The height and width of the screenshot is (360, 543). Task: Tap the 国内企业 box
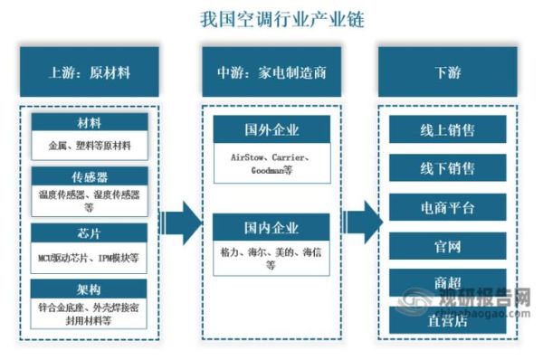point(271,227)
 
